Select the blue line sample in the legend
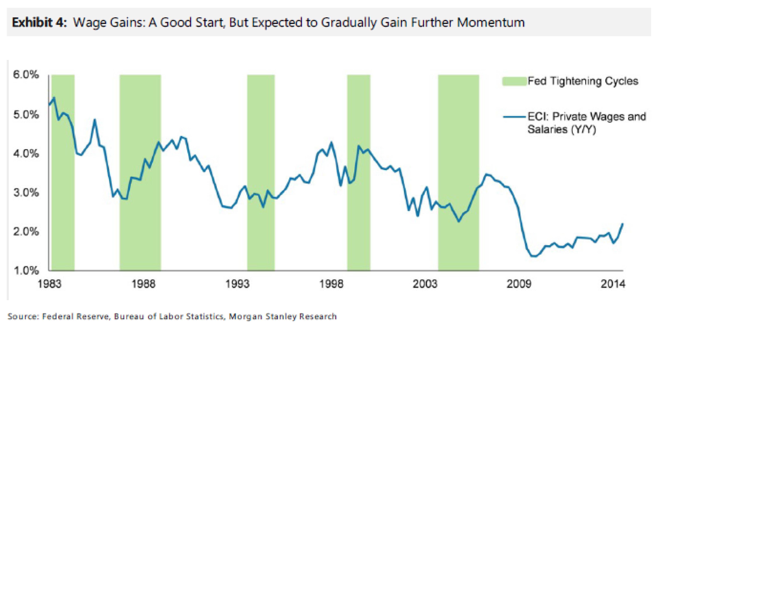click(514, 117)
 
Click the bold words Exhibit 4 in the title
click(39, 22)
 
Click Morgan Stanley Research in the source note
click(283, 316)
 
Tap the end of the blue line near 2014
click(623, 224)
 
